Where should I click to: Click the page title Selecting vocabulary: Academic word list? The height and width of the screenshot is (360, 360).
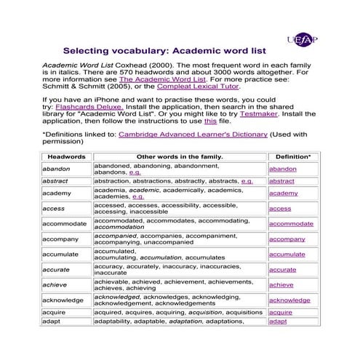(164, 52)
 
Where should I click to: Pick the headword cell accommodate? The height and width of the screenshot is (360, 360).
(65, 224)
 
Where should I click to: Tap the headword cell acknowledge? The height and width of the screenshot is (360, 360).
(63, 300)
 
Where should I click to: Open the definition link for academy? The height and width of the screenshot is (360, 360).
(283, 193)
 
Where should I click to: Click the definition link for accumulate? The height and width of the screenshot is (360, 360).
(287, 255)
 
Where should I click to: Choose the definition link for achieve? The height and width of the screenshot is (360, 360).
(281, 285)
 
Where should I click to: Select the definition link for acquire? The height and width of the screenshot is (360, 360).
(280, 312)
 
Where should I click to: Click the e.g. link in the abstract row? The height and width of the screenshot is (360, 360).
(247, 181)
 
